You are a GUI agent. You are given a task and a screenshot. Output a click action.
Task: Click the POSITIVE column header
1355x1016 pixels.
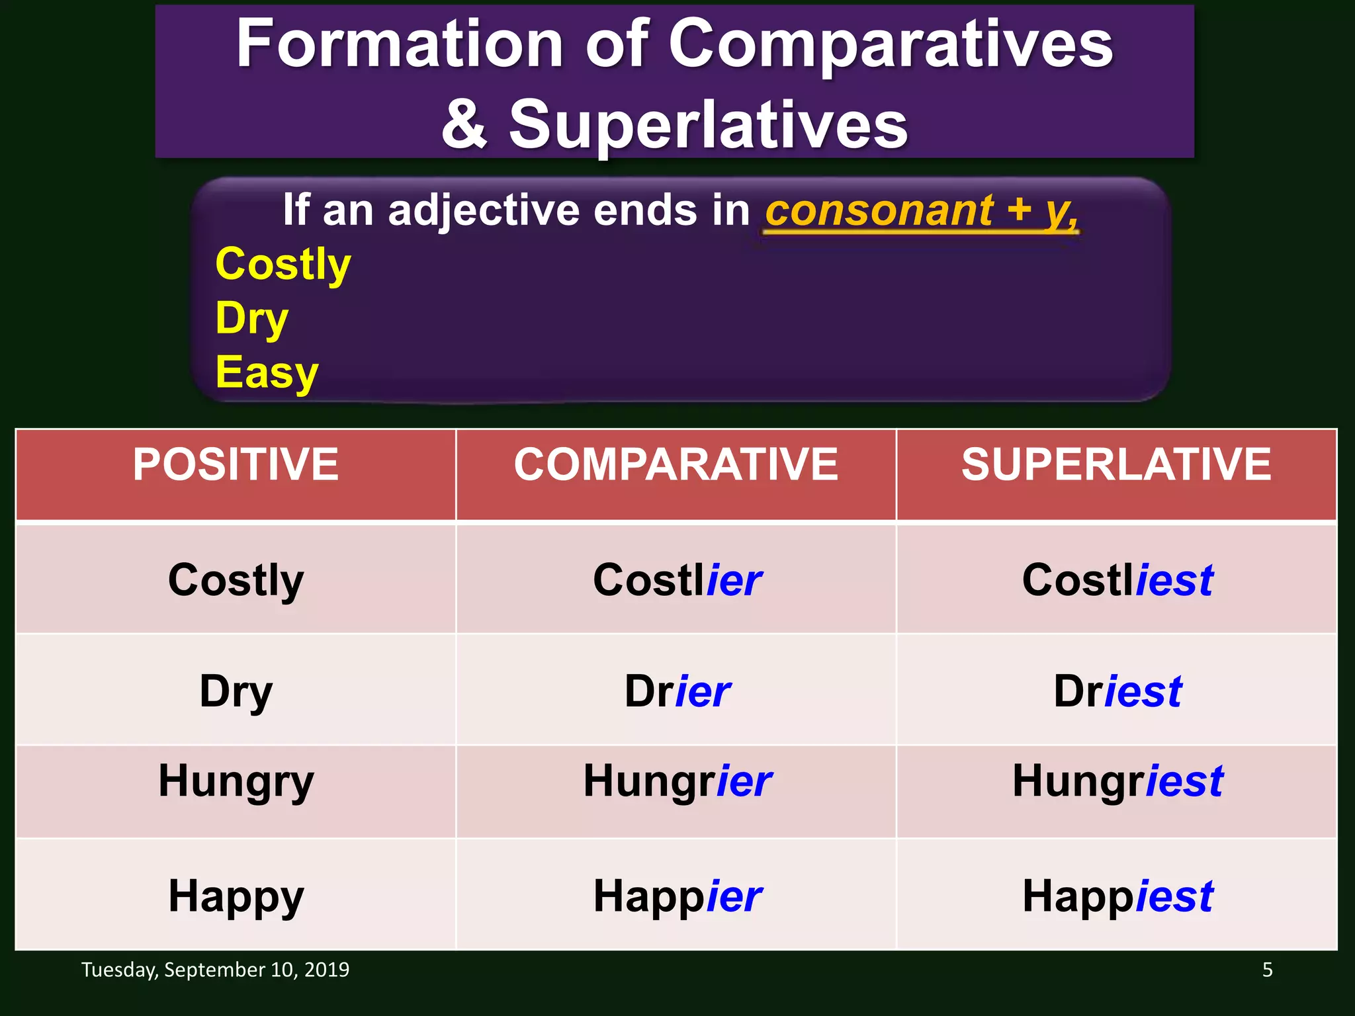236,464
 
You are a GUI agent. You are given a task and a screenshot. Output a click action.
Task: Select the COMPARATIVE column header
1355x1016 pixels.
676,464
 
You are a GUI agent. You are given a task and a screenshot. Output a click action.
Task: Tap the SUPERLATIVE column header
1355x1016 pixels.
1116,464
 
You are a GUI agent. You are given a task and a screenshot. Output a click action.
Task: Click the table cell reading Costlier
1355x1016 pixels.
677,580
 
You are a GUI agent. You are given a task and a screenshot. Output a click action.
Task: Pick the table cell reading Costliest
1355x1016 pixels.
1117,580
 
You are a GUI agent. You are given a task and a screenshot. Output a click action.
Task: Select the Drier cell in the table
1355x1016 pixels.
677,691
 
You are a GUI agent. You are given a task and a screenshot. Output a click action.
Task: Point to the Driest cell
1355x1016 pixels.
1117,691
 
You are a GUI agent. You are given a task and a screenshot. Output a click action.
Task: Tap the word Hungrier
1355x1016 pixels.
677,781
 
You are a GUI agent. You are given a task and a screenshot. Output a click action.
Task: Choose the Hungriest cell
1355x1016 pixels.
1117,781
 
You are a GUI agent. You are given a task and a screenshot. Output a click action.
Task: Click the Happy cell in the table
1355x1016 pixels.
236,896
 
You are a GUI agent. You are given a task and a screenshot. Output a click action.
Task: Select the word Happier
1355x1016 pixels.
677,896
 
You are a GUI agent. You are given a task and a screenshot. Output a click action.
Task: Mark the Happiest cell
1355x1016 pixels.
1117,896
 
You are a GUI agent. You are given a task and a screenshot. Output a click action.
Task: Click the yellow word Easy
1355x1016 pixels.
267,372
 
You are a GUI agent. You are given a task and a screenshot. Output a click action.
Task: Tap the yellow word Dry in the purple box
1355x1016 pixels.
252,319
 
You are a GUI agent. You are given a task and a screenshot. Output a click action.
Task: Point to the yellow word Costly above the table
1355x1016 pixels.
283,264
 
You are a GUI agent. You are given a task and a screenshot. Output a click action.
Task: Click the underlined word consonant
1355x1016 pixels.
879,211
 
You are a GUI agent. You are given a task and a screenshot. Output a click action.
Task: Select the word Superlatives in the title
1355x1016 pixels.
708,124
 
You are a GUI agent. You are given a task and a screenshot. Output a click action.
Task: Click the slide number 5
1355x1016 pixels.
1267,970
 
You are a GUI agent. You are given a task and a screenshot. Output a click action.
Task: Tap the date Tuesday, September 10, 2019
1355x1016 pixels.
215,970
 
